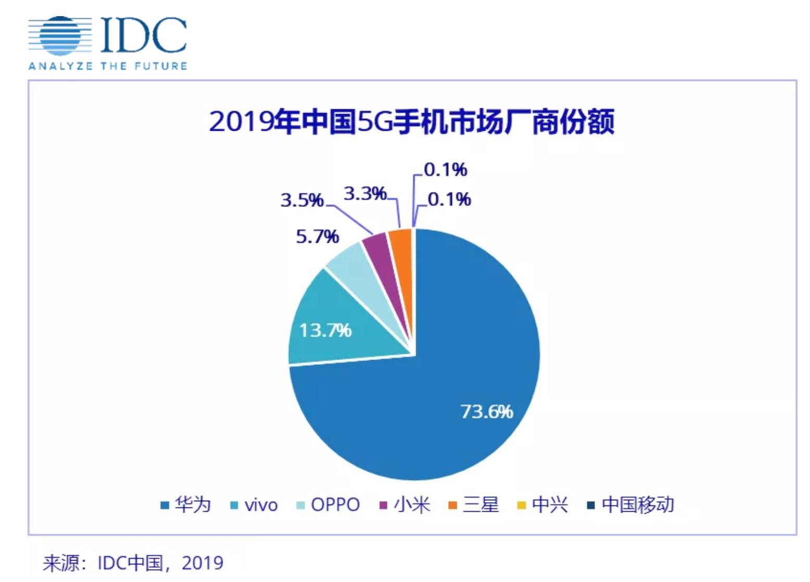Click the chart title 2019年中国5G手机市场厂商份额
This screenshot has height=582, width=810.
click(x=411, y=121)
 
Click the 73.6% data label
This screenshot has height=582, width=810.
click(x=487, y=412)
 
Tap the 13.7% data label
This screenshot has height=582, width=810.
click(x=325, y=330)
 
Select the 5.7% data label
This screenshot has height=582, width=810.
click(x=317, y=237)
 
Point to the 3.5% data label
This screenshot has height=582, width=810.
click(x=302, y=200)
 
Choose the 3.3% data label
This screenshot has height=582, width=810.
click(x=365, y=193)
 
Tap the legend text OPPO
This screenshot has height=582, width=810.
click(x=335, y=504)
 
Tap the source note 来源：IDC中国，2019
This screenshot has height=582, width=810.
click(x=133, y=563)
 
